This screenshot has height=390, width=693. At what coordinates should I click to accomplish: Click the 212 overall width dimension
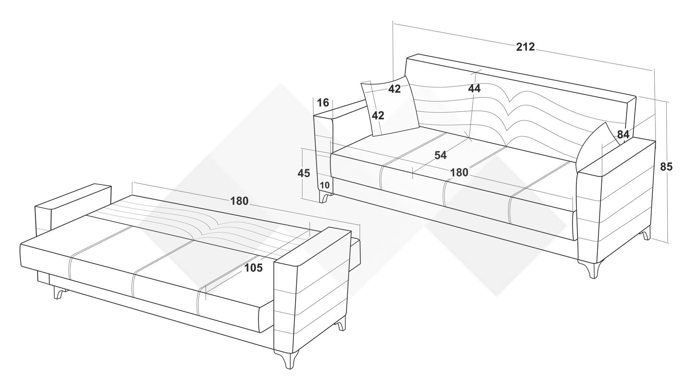click(x=525, y=47)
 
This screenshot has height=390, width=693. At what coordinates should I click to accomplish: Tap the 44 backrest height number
click(x=474, y=88)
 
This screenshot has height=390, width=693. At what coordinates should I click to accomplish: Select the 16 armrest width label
click(x=323, y=103)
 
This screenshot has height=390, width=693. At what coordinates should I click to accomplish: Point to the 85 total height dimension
click(x=666, y=166)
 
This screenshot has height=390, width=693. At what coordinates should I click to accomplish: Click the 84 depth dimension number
click(x=623, y=134)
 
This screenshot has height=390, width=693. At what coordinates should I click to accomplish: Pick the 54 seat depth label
click(x=440, y=155)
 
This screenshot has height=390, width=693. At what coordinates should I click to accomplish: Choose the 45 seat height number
click(x=304, y=173)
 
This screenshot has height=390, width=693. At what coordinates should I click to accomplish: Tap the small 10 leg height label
click(x=324, y=185)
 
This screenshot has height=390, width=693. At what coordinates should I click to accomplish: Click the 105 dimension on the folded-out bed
click(x=253, y=268)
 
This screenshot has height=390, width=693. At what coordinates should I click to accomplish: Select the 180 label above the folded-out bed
click(x=239, y=201)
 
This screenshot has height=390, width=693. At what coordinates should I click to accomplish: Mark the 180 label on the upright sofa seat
click(x=459, y=173)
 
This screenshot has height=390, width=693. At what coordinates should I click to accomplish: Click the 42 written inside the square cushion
click(x=378, y=116)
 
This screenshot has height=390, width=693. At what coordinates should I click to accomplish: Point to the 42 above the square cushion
click(x=395, y=89)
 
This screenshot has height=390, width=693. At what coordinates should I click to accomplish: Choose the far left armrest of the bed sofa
click(x=72, y=209)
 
